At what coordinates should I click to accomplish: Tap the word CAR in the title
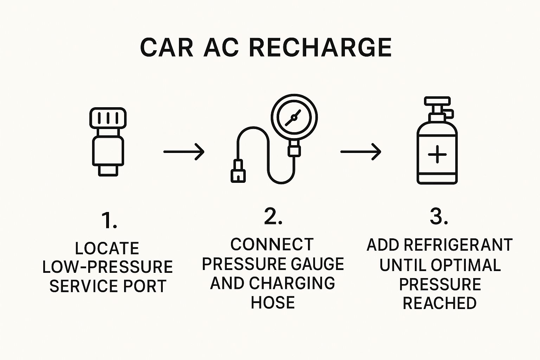click(167, 47)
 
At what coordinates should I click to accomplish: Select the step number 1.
click(109, 220)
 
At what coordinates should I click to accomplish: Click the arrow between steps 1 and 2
click(184, 152)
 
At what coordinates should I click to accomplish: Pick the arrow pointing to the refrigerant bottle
click(361, 152)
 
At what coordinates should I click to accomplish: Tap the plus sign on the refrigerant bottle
click(437, 155)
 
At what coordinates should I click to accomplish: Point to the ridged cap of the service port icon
click(108, 118)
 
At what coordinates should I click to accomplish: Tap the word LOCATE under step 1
click(107, 248)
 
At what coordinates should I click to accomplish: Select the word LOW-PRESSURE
click(107, 267)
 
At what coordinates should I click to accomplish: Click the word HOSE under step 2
click(273, 302)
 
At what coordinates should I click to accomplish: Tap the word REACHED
click(439, 303)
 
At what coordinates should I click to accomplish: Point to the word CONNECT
click(272, 245)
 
